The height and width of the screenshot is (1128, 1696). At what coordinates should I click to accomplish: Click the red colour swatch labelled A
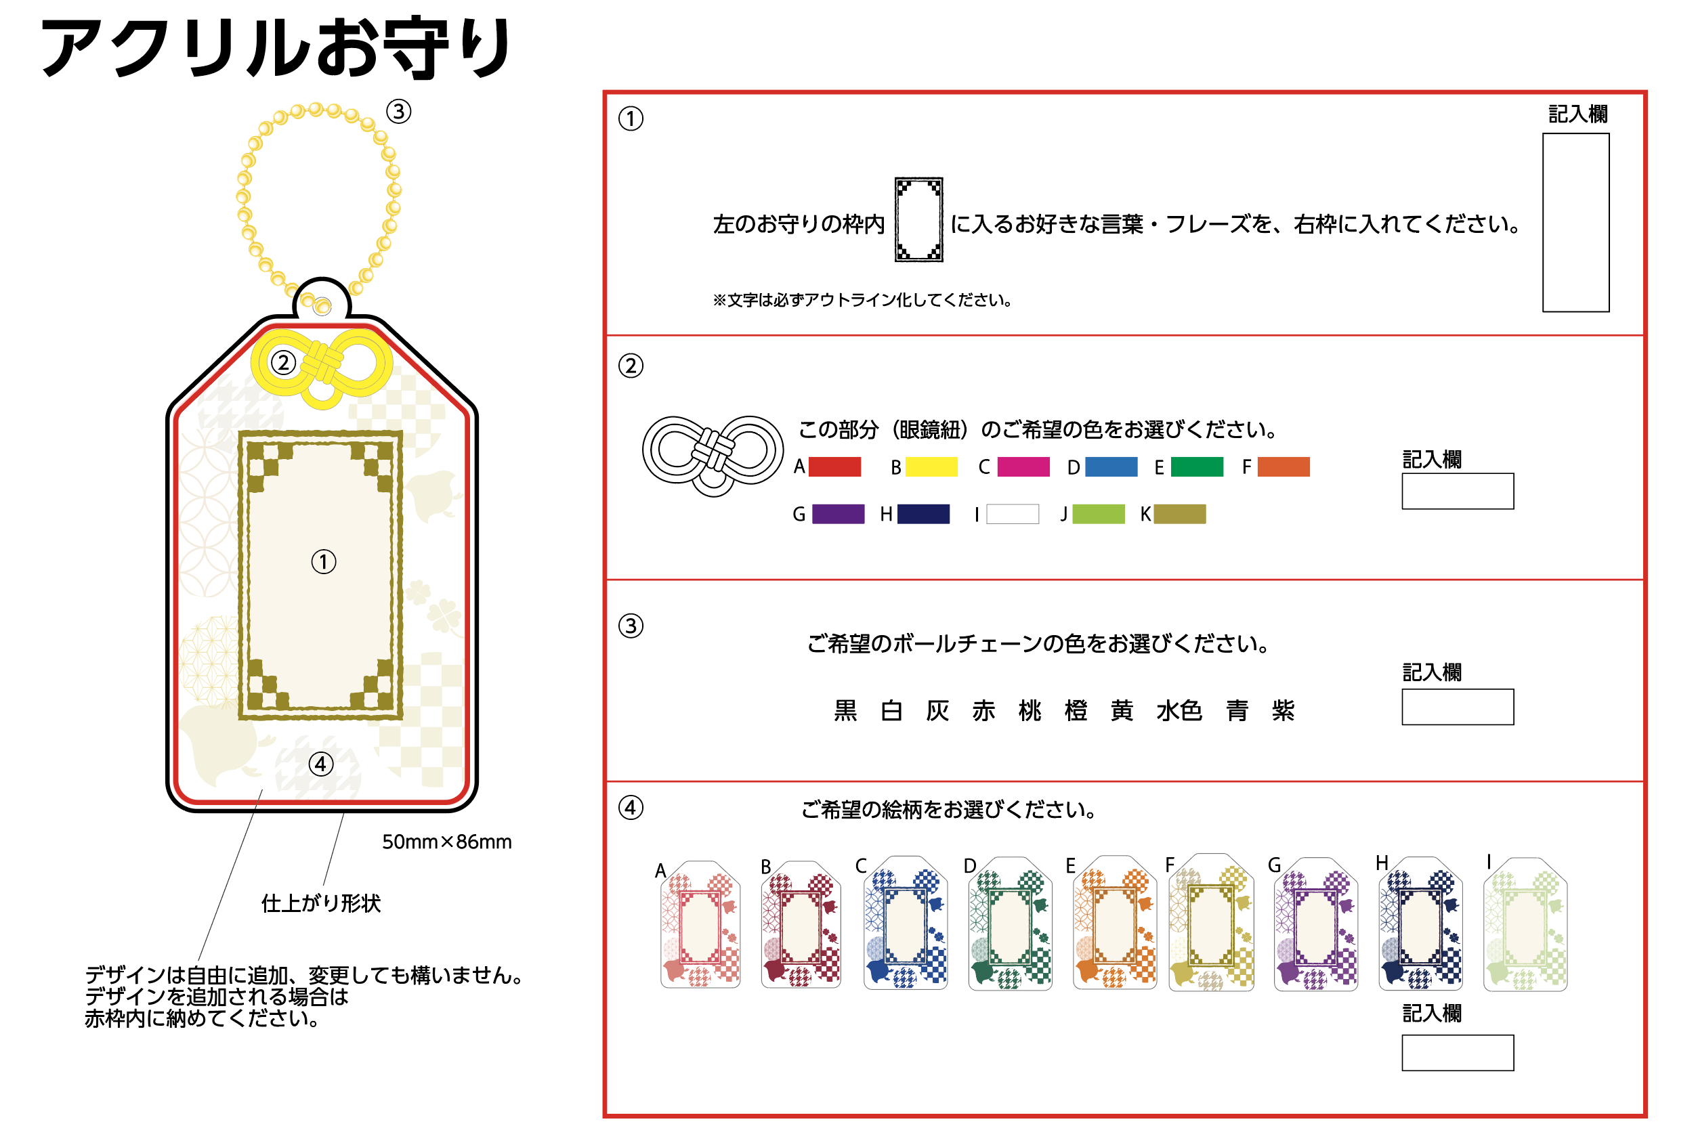[834, 467]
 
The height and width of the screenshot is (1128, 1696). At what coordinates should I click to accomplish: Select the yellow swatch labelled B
[931, 467]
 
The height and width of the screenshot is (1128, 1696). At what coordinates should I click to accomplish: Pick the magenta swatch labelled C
[1023, 467]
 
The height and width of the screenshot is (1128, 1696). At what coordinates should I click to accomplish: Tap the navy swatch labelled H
[923, 514]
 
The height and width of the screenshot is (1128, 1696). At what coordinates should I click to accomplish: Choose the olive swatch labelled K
[1179, 514]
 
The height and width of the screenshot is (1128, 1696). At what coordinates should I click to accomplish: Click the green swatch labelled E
[1197, 467]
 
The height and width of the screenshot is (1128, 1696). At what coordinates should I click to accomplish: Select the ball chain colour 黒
[845, 711]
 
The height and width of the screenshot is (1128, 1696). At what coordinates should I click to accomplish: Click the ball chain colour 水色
[1179, 711]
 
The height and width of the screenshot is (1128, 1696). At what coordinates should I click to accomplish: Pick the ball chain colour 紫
[1282, 711]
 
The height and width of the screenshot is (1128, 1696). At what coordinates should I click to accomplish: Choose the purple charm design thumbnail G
[1315, 924]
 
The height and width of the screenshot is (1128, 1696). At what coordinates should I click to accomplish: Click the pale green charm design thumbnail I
[1525, 924]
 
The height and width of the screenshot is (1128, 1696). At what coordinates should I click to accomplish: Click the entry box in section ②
[1457, 492]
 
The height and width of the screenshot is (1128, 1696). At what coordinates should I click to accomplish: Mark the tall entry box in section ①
[1575, 222]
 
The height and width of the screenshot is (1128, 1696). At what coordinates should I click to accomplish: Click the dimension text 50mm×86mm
[447, 842]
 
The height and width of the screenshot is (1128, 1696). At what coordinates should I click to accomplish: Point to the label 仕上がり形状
[321, 903]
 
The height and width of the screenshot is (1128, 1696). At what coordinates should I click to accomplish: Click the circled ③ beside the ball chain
[399, 112]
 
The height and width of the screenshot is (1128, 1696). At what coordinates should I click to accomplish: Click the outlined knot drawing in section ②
[713, 454]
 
